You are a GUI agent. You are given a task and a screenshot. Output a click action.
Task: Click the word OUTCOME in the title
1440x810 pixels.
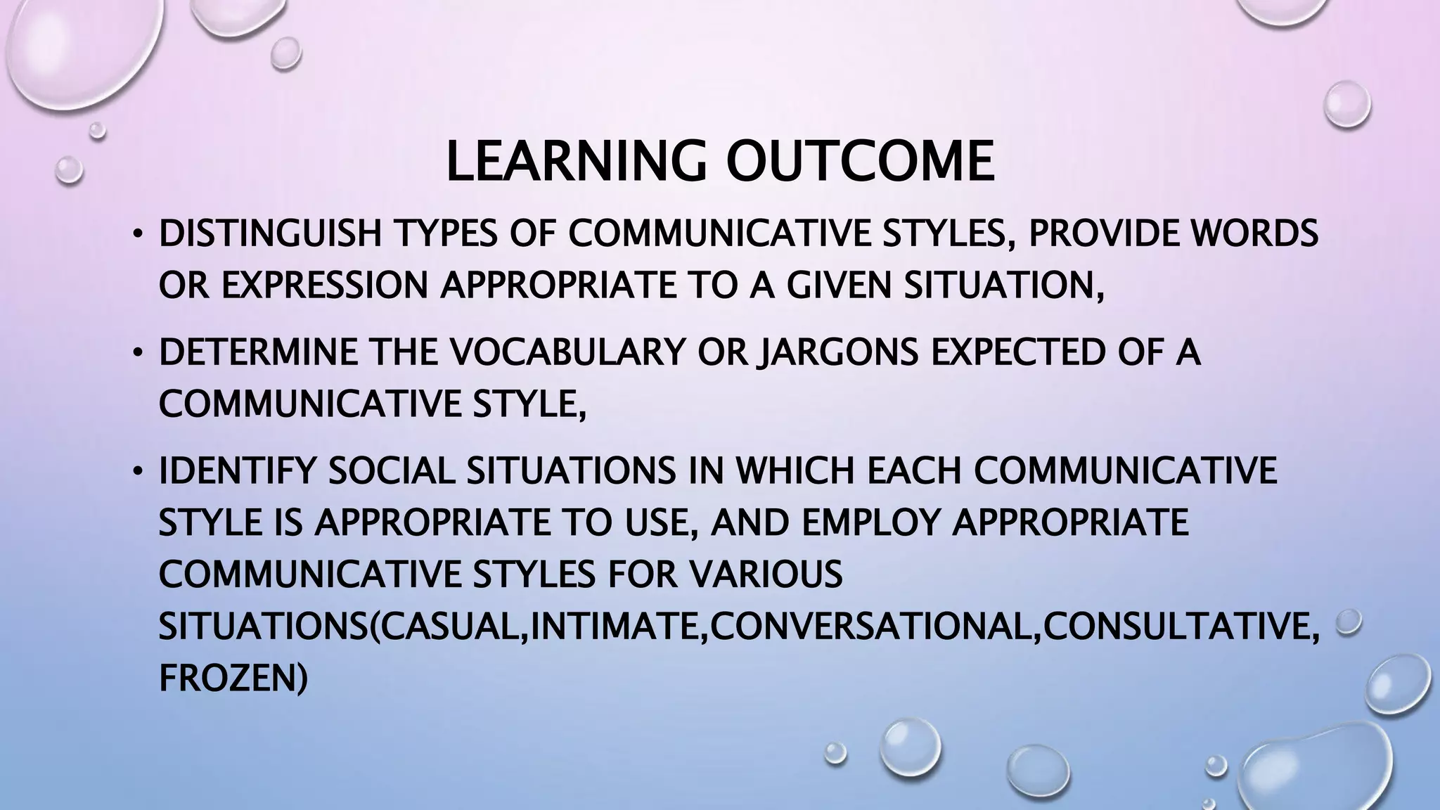(x=860, y=162)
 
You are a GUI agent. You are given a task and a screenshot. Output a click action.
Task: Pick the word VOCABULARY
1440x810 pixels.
(x=567, y=352)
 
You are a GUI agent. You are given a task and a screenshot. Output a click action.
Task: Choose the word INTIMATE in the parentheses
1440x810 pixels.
(x=618, y=626)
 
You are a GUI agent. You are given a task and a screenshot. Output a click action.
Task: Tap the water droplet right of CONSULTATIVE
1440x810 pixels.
(x=1349, y=622)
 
